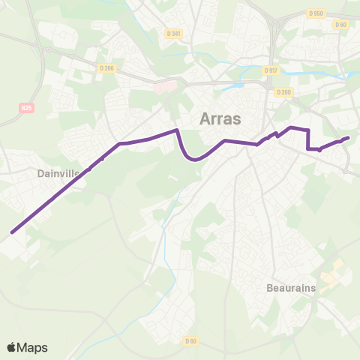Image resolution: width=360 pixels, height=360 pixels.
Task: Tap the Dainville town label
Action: pyautogui.click(x=58, y=173)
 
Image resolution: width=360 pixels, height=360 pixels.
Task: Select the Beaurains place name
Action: pyautogui.click(x=292, y=287)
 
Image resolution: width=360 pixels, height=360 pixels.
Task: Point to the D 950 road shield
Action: pyautogui.click(x=316, y=13)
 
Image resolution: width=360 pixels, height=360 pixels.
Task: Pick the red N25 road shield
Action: pyautogui.click(x=27, y=108)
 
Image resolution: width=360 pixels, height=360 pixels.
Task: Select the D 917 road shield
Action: pyautogui.click(x=271, y=70)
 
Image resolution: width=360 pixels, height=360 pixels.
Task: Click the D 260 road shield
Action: pyautogui.click(x=283, y=92)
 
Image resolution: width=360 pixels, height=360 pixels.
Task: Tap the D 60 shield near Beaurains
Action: pyautogui.click(x=190, y=341)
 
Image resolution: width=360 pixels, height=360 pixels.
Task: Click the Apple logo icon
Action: pyautogui.click(x=11, y=347)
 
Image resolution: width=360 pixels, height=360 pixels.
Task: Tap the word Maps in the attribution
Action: pyautogui.click(x=33, y=347)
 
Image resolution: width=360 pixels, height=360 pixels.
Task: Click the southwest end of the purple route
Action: pyautogui.click(x=12, y=232)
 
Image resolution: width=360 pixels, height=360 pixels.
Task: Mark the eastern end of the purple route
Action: pyautogui.click(x=348, y=137)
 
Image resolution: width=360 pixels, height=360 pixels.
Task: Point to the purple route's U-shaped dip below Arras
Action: pyautogui.click(x=194, y=158)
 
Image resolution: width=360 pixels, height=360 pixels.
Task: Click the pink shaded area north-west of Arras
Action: pyautogui.click(x=166, y=85)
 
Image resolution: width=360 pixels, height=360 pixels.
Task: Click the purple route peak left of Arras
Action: pyautogui.click(x=177, y=130)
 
